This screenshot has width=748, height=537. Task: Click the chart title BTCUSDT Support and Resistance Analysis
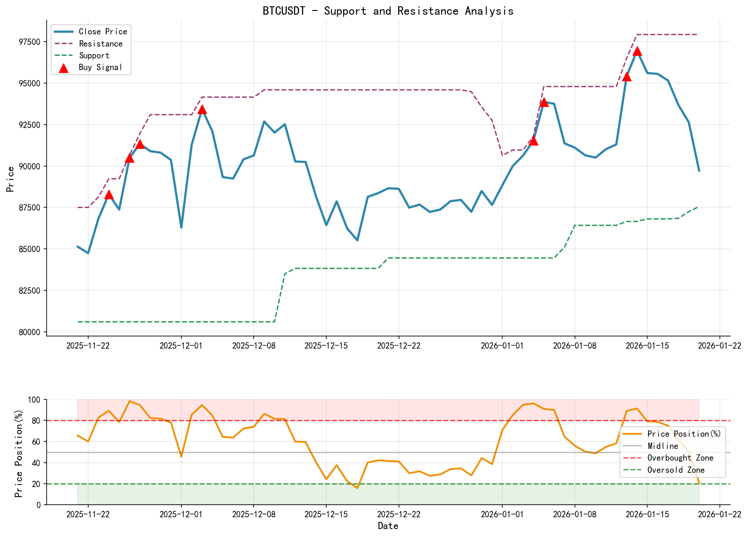point(388,11)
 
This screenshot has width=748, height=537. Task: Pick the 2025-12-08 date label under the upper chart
point(253,345)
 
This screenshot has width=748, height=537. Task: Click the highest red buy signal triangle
point(637,51)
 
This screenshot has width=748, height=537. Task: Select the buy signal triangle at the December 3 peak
point(202,109)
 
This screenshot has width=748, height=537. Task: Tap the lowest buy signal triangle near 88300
point(109,195)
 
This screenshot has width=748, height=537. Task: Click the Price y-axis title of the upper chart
point(10,179)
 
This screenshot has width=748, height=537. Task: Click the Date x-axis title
point(388,526)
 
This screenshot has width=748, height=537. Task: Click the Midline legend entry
point(662,446)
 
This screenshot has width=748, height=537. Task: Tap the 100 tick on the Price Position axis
point(35,400)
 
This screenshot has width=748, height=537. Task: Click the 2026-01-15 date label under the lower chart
point(647,514)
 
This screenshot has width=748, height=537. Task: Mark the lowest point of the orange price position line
point(357,488)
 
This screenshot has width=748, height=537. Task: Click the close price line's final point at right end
point(699,171)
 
